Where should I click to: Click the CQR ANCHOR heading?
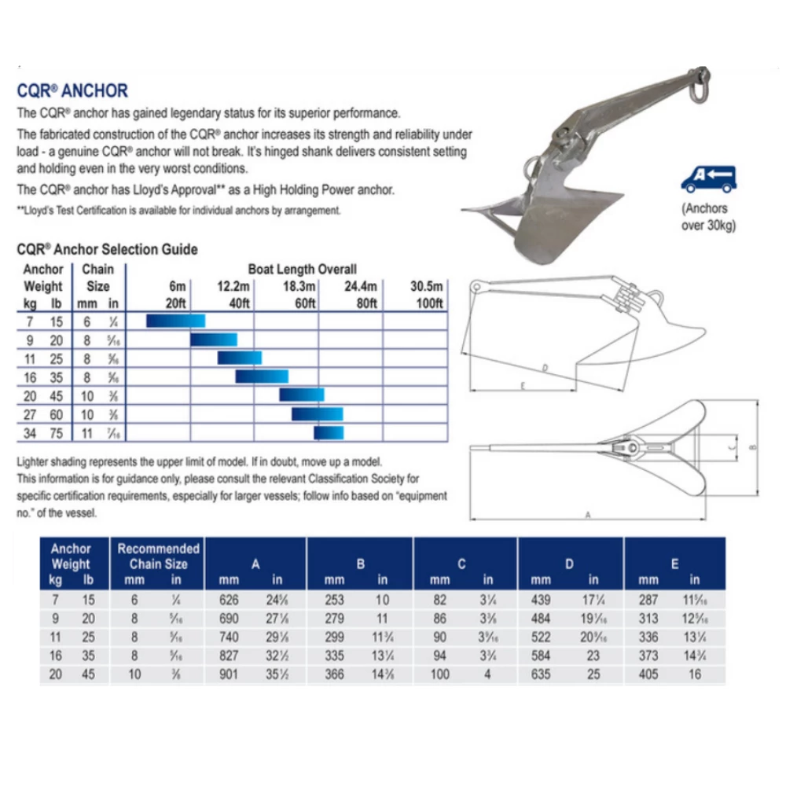pyautogui.click(x=72, y=91)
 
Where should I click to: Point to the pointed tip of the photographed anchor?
pyautogui.click(x=465, y=209)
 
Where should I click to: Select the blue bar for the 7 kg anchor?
pyautogui.click(x=175, y=321)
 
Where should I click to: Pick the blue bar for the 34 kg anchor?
pyautogui.click(x=329, y=432)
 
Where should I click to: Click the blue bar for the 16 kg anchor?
pyautogui.click(x=262, y=376)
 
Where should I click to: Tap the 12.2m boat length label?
pyautogui.click(x=233, y=286)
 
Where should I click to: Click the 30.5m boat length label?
pyautogui.click(x=427, y=286)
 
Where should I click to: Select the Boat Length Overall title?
pyautogui.click(x=302, y=270)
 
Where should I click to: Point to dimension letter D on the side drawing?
pyautogui.click(x=543, y=367)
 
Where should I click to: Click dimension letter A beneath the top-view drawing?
pyautogui.click(x=588, y=515)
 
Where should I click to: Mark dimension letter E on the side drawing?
pyautogui.click(x=523, y=384)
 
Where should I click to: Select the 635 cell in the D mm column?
pyautogui.click(x=541, y=674)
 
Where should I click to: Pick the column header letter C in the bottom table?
pyautogui.click(x=462, y=564)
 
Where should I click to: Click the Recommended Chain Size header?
pyautogui.click(x=158, y=556)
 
